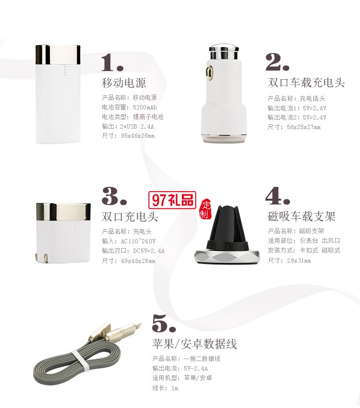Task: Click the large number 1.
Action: point(112,62)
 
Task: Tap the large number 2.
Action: point(277,61)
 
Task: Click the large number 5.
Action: point(164,323)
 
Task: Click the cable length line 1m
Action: point(165,388)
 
